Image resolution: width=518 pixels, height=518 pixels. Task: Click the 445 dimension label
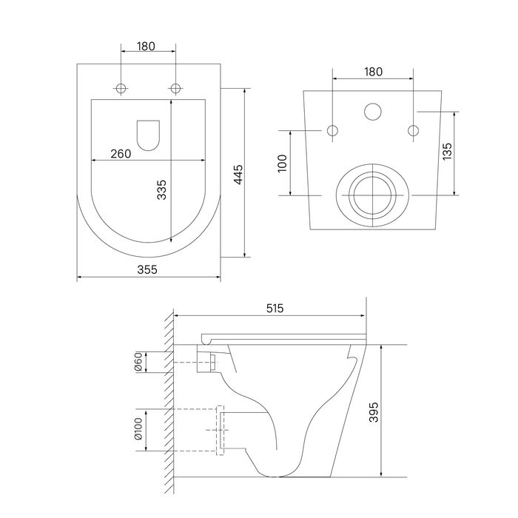coord(238,174)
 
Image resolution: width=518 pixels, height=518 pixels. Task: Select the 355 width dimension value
coord(147,269)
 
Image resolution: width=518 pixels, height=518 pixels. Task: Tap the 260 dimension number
coord(121,154)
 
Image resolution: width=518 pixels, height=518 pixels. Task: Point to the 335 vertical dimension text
coord(161,189)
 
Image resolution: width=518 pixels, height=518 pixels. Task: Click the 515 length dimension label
coord(275,309)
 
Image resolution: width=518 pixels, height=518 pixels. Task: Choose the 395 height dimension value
coord(373,412)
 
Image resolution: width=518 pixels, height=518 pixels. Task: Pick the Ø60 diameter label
coord(138,362)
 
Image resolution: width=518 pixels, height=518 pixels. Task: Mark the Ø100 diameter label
coord(138,428)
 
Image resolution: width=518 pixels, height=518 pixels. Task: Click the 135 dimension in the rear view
coord(447,151)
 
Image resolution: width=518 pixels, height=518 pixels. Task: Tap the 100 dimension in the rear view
coord(283,164)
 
